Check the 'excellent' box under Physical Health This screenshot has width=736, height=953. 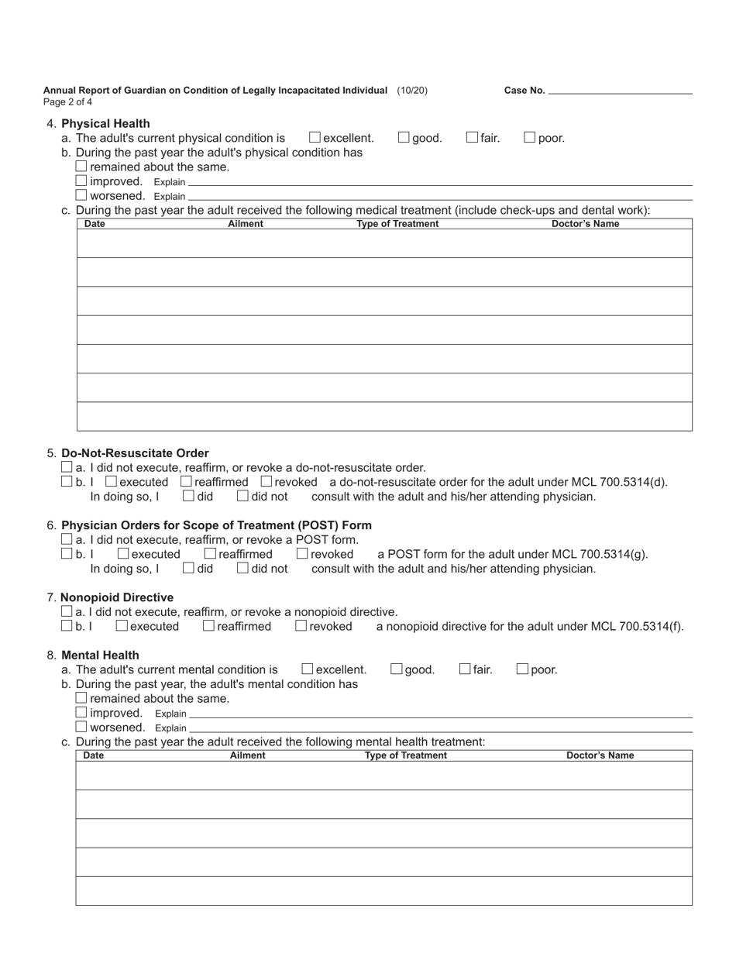[x=315, y=138]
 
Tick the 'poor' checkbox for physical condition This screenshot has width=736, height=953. [x=530, y=138]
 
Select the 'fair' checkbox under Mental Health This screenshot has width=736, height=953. [x=465, y=669]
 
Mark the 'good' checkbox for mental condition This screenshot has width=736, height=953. [x=397, y=669]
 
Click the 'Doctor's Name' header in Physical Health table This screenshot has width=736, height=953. [x=585, y=224]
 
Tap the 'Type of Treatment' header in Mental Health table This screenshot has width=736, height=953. [x=405, y=755]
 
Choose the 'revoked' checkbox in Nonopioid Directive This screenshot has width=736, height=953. [x=301, y=626]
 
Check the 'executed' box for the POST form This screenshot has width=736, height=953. [x=123, y=554]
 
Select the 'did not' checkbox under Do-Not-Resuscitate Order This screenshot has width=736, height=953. [x=242, y=496]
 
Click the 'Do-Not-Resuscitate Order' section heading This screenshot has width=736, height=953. [x=135, y=453]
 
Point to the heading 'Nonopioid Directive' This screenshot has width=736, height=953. [x=117, y=597]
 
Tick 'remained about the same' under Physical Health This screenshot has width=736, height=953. [x=81, y=167]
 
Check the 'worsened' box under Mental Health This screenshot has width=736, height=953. [x=81, y=727]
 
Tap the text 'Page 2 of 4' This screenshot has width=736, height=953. [x=68, y=101]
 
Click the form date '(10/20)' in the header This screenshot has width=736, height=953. [x=411, y=91]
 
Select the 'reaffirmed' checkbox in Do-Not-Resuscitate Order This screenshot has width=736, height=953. [x=186, y=482]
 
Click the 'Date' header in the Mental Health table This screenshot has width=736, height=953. [x=93, y=755]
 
